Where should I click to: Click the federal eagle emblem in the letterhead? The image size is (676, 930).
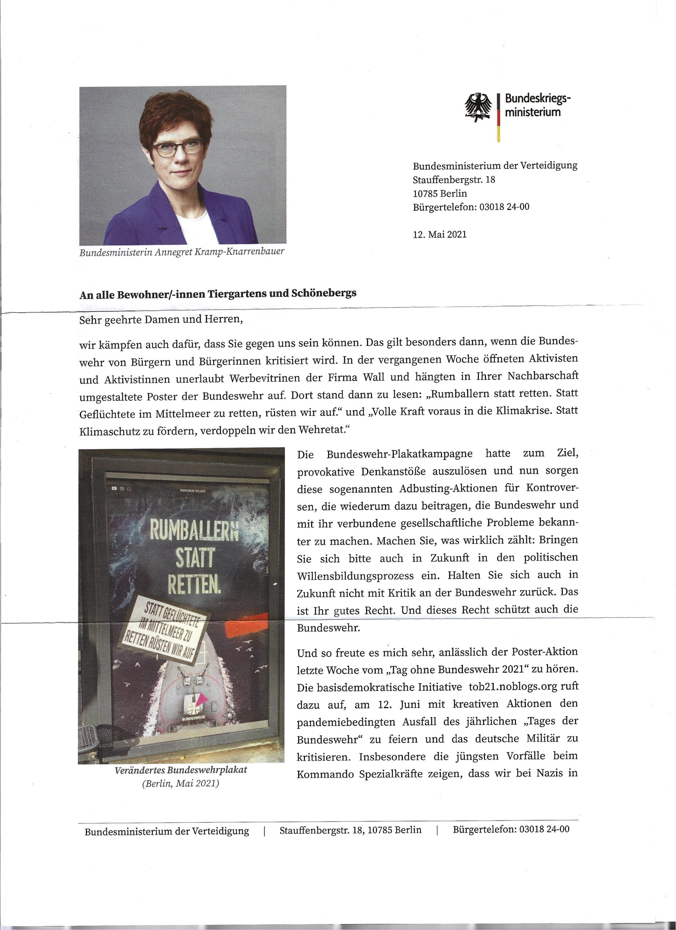(478, 108)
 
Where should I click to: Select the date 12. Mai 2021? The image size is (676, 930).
(440, 235)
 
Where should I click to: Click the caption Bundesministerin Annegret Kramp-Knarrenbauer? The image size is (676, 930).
(182, 251)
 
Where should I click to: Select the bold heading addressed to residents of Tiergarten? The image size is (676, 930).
(217, 294)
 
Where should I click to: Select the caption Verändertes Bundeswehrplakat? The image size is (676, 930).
(181, 770)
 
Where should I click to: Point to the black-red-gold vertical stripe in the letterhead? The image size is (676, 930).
(498, 117)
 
